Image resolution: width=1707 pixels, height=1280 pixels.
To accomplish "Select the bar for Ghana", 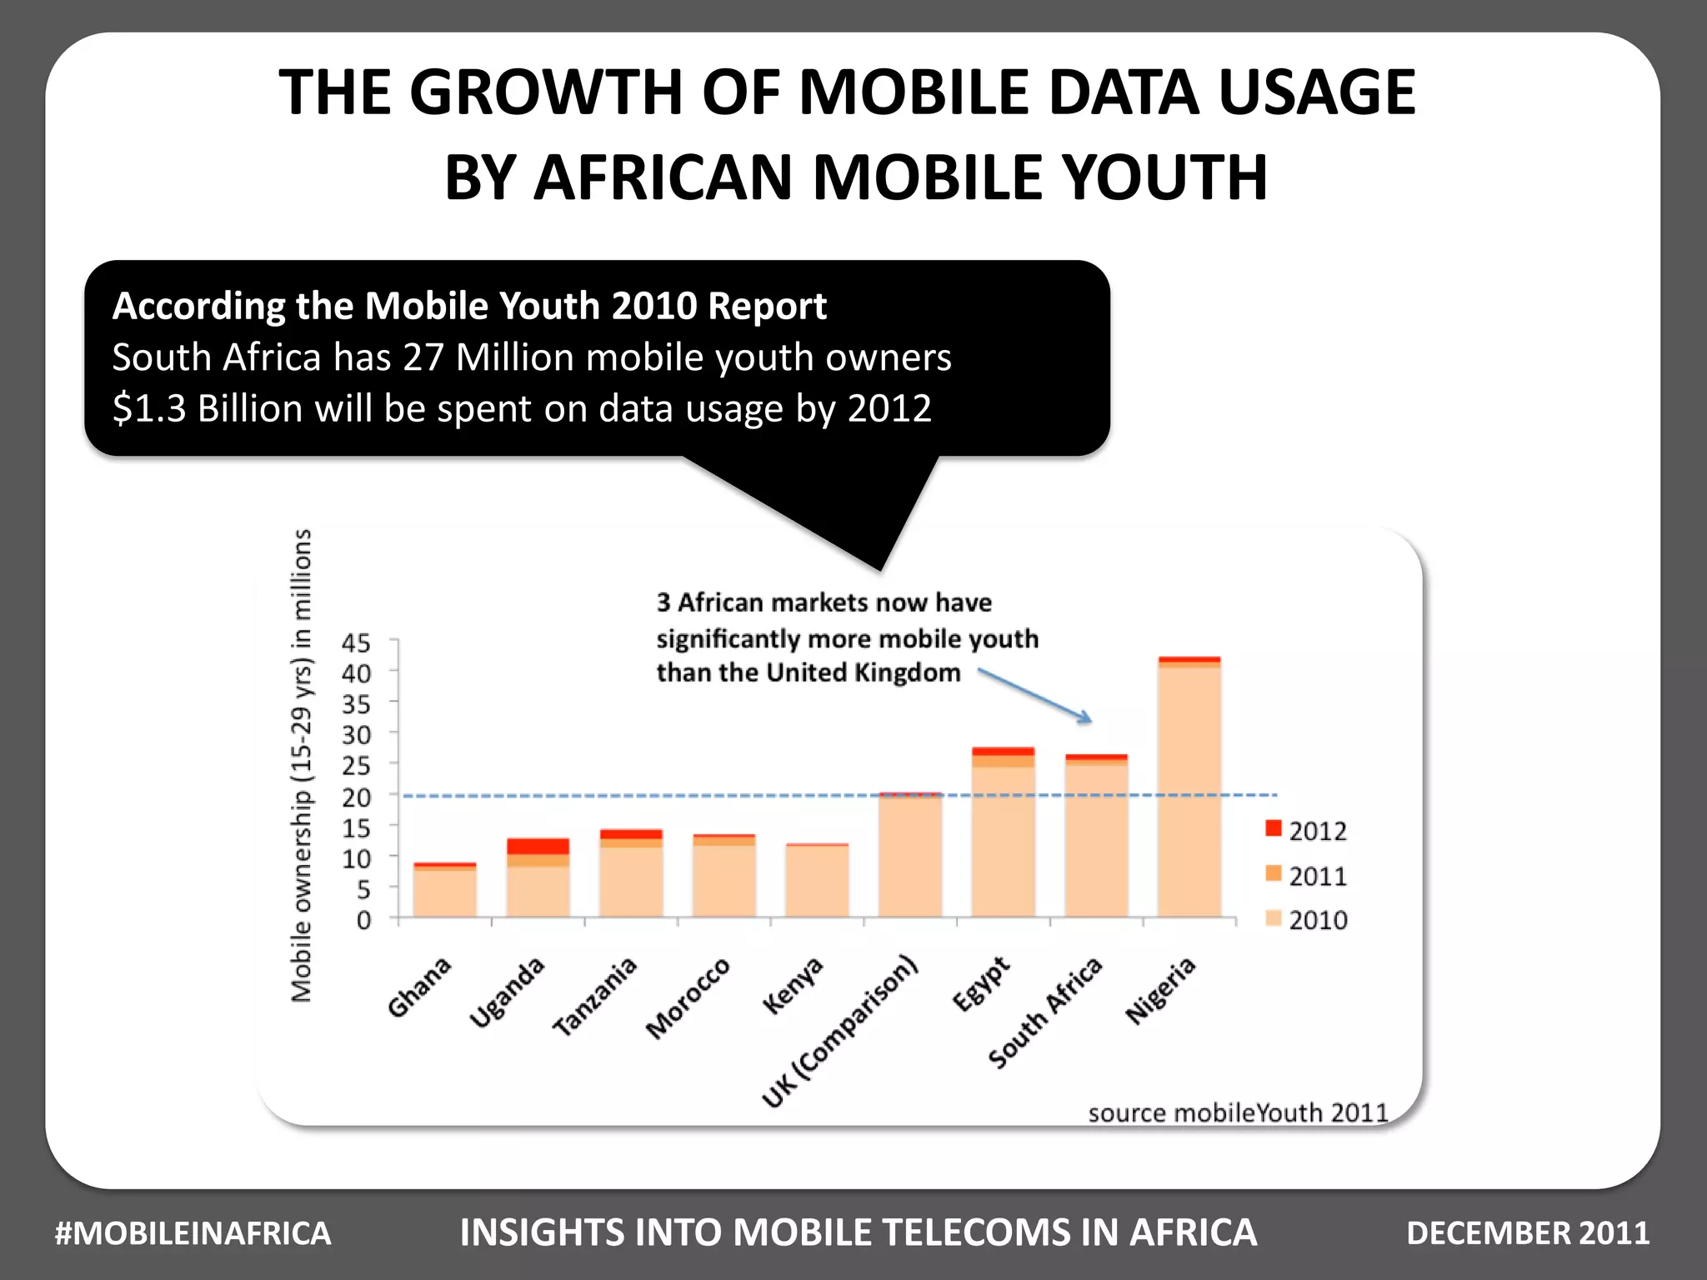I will click(445, 891).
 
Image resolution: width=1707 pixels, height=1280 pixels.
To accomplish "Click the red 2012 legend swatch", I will click(1273, 828).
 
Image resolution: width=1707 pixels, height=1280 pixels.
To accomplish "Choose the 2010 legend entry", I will click(1306, 919).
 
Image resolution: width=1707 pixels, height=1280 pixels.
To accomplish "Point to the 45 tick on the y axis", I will click(356, 643).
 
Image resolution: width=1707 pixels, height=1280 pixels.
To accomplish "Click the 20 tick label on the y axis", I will click(356, 797).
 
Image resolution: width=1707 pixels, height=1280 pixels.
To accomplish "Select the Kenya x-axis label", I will click(793, 986).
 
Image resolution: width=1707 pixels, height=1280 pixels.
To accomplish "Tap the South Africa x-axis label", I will click(1046, 1012).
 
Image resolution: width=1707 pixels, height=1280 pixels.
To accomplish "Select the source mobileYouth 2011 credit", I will click(1237, 1112).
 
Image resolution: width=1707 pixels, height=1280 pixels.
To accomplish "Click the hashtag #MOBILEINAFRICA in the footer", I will click(193, 1232).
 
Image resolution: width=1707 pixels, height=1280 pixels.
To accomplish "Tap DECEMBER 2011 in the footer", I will click(1527, 1232).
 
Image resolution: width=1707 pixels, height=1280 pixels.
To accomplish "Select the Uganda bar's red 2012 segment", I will click(538, 846).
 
